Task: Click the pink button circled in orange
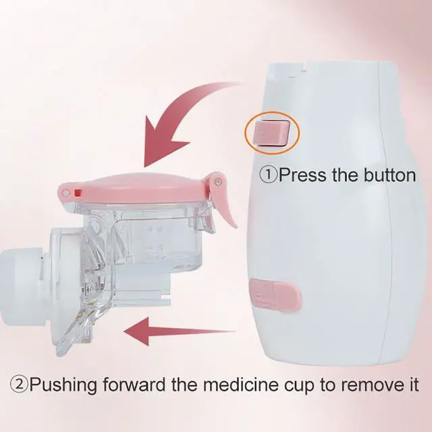(x=271, y=133)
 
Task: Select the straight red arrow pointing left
(x=180, y=331)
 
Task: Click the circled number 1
(x=268, y=175)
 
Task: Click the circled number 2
(x=19, y=385)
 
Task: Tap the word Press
(x=302, y=175)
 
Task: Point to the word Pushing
(x=63, y=385)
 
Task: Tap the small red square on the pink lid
(x=78, y=193)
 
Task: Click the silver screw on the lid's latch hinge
(x=219, y=182)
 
